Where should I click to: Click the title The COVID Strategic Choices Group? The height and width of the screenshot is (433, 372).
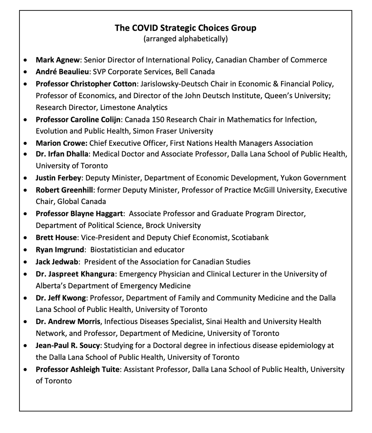pyautogui.click(x=185, y=28)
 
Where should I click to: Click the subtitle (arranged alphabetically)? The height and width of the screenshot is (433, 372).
pyautogui.click(x=185, y=39)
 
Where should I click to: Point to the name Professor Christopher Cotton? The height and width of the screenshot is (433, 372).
pyautogui.click(x=86, y=84)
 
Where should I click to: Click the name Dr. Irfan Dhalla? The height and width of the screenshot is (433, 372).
pyautogui.click(x=62, y=154)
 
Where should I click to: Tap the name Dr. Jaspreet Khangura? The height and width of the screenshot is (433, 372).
pyautogui.click(x=75, y=274)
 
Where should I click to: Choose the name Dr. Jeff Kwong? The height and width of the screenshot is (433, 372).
pyautogui.click(x=61, y=298)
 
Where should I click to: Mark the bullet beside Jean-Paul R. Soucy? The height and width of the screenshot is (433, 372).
pyautogui.click(x=25, y=345)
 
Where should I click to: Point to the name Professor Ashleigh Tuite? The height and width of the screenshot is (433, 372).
pyautogui.click(x=76, y=369)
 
